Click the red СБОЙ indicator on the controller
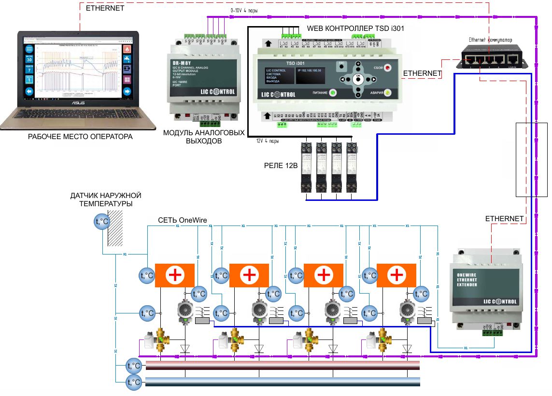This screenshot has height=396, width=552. pos(387,68)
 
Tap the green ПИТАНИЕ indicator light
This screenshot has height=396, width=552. pos(333,93)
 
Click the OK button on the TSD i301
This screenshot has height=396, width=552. pos(358,79)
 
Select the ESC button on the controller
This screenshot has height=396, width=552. pos(342,66)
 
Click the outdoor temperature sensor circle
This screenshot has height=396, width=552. pos(101,222)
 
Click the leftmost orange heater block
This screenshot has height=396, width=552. pos(174,276)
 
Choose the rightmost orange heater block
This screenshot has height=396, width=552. pos(396,276)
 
